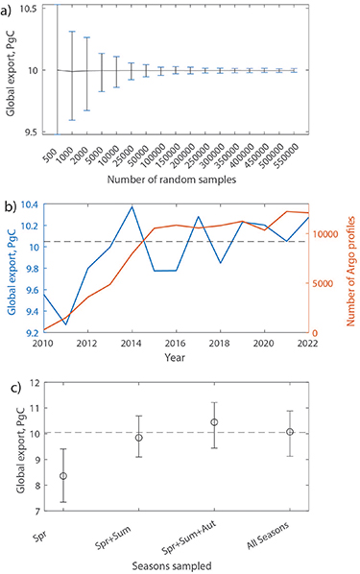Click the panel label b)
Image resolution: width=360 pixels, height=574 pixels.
[x=10, y=205]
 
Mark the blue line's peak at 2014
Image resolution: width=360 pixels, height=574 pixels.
[x=132, y=206]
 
